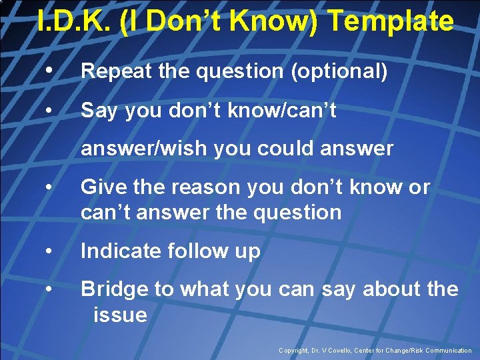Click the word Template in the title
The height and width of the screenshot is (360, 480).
tap(391, 21)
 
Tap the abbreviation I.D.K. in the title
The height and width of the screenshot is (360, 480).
tap(73, 21)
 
